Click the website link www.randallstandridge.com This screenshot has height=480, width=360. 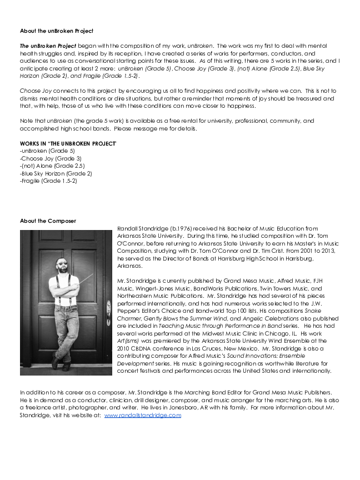[x=143, y=415]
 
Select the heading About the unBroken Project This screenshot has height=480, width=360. [x=57, y=31]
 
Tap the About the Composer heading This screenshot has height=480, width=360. [x=48, y=221]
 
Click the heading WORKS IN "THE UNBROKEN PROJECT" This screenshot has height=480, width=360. [x=68, y=143]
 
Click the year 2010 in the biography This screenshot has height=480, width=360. [x=125, y=348]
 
